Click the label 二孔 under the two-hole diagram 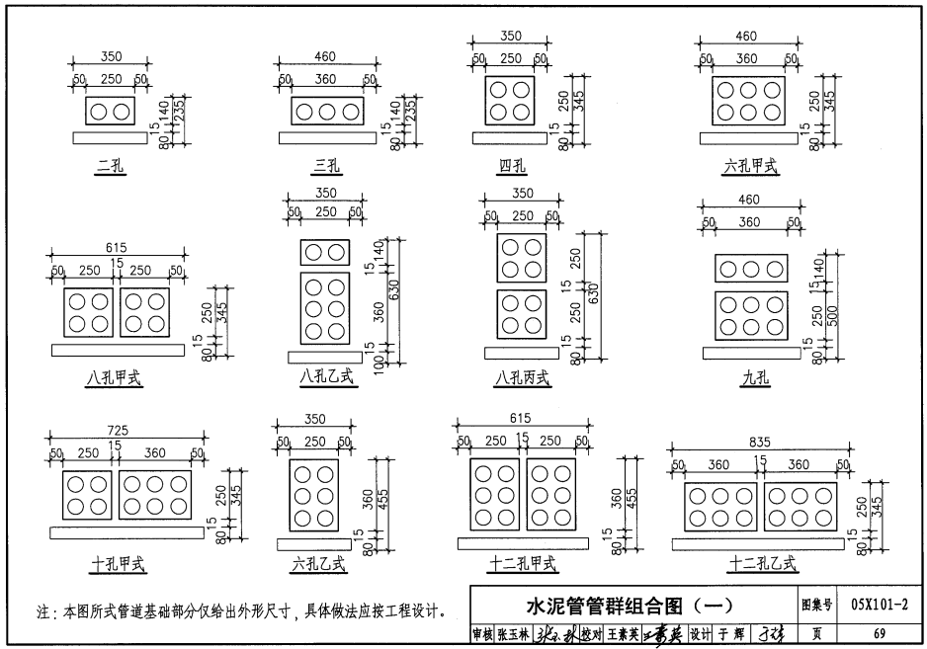(110, 168)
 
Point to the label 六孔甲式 (749, 167)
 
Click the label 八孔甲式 (115, 376)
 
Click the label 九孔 (752, 376)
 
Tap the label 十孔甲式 (118, 564)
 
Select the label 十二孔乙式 (761, 564)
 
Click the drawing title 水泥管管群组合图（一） (629, 605)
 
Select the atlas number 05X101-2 (879, 605)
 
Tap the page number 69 (879, 634)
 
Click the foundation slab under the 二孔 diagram (110, 137)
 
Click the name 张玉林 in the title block (513, 634)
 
